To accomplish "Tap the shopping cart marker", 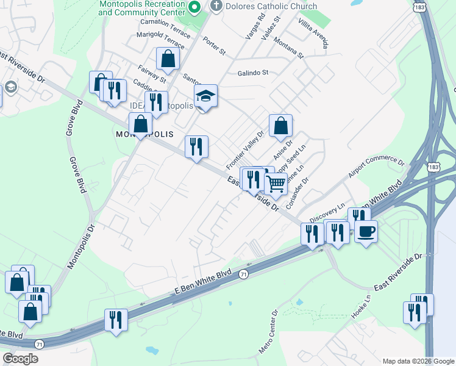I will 276,183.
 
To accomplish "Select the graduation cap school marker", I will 206,96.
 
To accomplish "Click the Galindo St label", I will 253,73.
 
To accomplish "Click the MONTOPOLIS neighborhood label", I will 144,134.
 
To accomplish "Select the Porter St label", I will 214,46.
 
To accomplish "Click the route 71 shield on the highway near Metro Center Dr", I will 243,274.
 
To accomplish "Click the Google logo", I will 20,359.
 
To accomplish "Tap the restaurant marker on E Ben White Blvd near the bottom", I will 115,320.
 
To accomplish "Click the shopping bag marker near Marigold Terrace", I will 168,59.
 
